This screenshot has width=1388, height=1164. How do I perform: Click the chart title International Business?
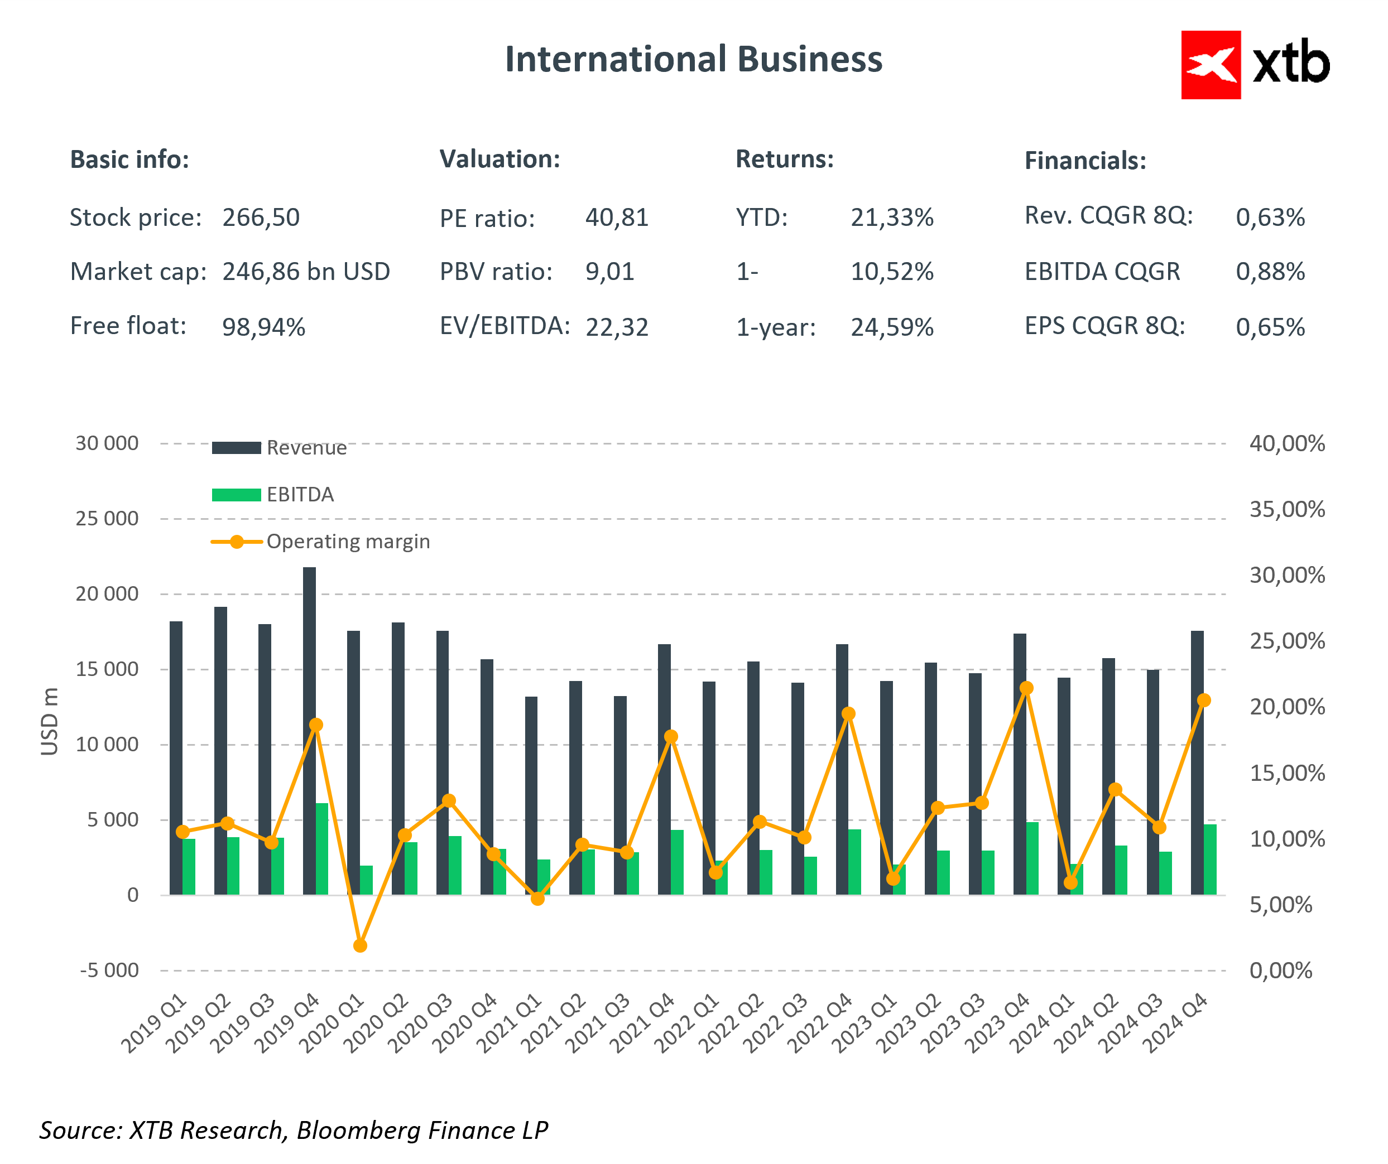(693, 60)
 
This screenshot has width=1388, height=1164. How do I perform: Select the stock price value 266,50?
(261, 218)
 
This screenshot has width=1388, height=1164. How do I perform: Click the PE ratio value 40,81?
(617, 218)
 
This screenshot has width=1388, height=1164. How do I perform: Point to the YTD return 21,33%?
(892, 218)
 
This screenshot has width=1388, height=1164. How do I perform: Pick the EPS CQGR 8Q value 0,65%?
(1270, 327)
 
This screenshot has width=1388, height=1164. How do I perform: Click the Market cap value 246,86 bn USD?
(306, 272)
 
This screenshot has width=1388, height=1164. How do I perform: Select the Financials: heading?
(1084, 161)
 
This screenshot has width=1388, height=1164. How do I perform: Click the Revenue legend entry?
(306, 448)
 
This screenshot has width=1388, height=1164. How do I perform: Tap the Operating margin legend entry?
(348, 542)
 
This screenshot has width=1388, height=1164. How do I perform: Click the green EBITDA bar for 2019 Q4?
(322, 849)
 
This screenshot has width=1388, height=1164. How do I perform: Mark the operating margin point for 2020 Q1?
(360, 945)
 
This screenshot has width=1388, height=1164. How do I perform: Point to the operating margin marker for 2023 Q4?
(1026, 688)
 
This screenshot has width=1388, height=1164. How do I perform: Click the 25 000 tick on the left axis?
(107, 519)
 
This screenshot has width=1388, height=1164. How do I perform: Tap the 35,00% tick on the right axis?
(1286, 509)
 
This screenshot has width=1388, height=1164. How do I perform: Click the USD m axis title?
(50, 721)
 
